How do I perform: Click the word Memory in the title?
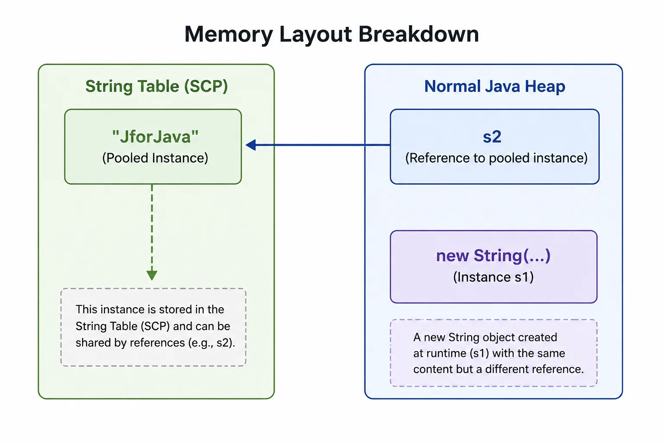coord(229,35)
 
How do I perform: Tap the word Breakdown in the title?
coord(418,34)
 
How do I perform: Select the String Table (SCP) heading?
coord(156,87)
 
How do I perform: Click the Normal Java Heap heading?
coord(495,87)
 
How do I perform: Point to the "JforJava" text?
coord(155,137)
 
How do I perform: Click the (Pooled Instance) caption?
coord(155,158)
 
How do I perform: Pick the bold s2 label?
coord(492,137)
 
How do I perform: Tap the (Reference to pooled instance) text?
coord(496,158)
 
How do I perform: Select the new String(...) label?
coord(493,256)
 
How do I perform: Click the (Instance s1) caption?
coord(493,277)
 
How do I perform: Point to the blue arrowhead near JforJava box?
coord(251,145)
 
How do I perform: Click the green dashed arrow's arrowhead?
coord(152,275)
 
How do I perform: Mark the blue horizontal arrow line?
coord(318,145)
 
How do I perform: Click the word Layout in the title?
coord(316,35)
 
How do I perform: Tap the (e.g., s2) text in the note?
coord(211,343)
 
